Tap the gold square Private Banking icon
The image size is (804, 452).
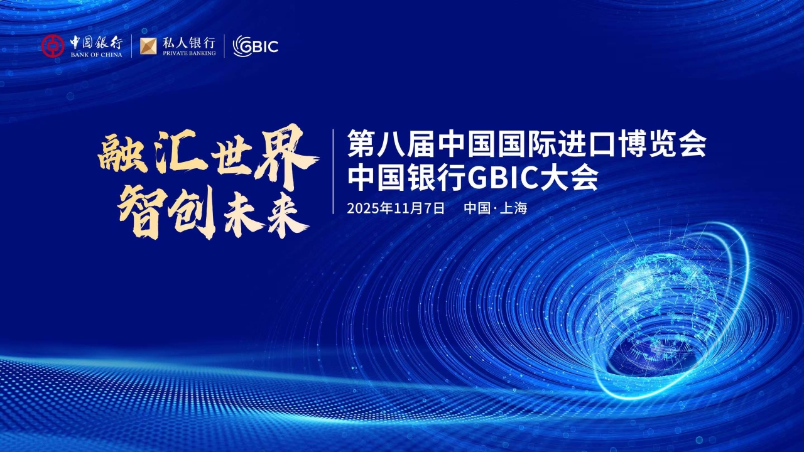point(148,46)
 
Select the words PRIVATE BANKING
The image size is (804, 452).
point(188,54)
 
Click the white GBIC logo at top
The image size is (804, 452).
point(255,46)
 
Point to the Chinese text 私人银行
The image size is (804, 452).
point(188,43)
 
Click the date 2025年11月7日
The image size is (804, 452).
point(396,208)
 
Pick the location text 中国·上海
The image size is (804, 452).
point(496,208)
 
